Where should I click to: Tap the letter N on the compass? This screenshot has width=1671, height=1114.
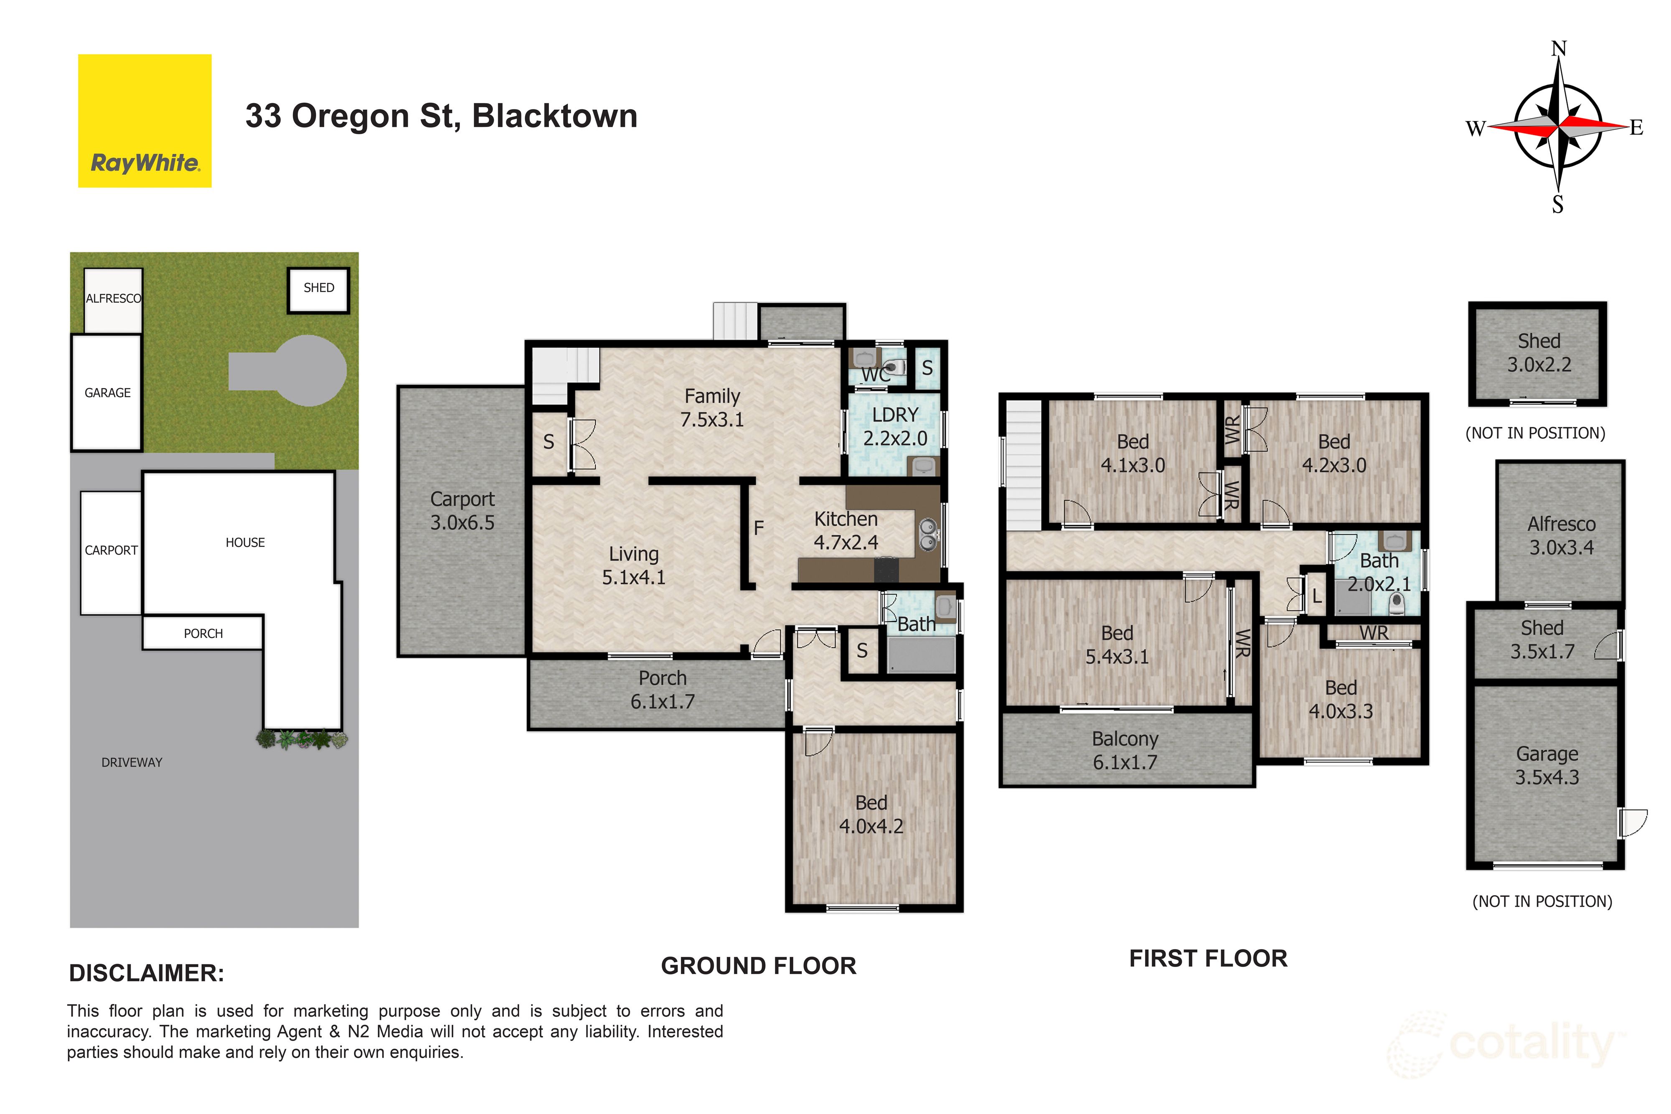tap(1558, 49)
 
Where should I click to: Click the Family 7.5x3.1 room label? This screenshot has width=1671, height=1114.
tap(712, 408)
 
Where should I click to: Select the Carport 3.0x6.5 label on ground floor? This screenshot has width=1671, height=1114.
tap(462, 511)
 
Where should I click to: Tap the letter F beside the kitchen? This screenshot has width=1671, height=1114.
tap(758, 528)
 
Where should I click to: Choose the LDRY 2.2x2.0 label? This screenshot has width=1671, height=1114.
tap(894, 426)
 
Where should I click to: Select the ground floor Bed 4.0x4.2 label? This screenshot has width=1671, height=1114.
tap(871, 814)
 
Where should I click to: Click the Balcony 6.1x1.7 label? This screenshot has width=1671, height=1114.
tap(1125, 750)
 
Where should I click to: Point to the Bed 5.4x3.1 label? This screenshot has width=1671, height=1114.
tap(1117, 645)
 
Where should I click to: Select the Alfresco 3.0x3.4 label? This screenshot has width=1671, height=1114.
tap(1561, 535)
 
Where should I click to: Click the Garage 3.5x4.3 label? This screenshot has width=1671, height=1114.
tap(1547, 765)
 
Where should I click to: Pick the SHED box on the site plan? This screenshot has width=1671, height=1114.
tap(318, 289)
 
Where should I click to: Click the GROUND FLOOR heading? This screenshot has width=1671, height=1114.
tap(758, 966)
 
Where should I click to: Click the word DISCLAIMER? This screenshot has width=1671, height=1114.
tap(146, 973)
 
